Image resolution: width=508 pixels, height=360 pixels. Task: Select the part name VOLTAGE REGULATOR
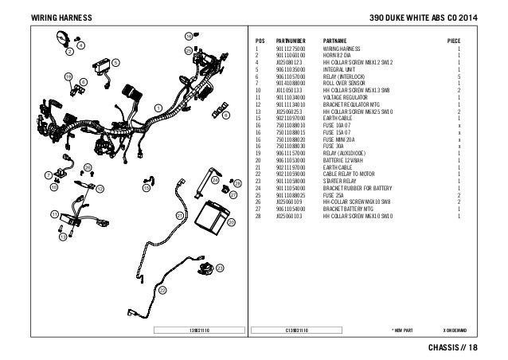347,97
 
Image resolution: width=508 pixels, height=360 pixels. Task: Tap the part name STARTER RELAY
341,182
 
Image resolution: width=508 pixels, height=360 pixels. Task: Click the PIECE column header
458,39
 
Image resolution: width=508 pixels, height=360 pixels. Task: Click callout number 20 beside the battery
232,225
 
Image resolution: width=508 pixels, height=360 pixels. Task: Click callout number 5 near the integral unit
115,62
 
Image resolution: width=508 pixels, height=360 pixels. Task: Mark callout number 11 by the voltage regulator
53,215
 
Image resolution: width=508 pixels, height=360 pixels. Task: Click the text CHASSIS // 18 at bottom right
457,347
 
